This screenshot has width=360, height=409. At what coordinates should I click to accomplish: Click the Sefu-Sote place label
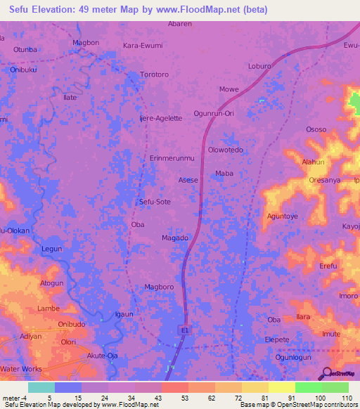[155, 202]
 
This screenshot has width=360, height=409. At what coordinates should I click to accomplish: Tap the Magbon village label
[86, 43]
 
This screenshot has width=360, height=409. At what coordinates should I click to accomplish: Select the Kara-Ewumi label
[143, 46]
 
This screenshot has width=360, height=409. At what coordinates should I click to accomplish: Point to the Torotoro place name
[155, 74]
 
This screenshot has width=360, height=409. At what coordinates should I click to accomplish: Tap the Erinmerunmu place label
[172, 158]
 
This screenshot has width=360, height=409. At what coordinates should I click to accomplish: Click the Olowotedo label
[226, 150]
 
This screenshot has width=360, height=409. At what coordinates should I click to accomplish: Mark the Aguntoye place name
[283, 216]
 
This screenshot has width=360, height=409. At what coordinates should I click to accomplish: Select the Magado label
[175, 238]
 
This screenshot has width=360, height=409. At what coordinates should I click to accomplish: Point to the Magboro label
[159, 287]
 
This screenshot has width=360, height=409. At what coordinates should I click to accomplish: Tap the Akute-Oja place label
[102, 356]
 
